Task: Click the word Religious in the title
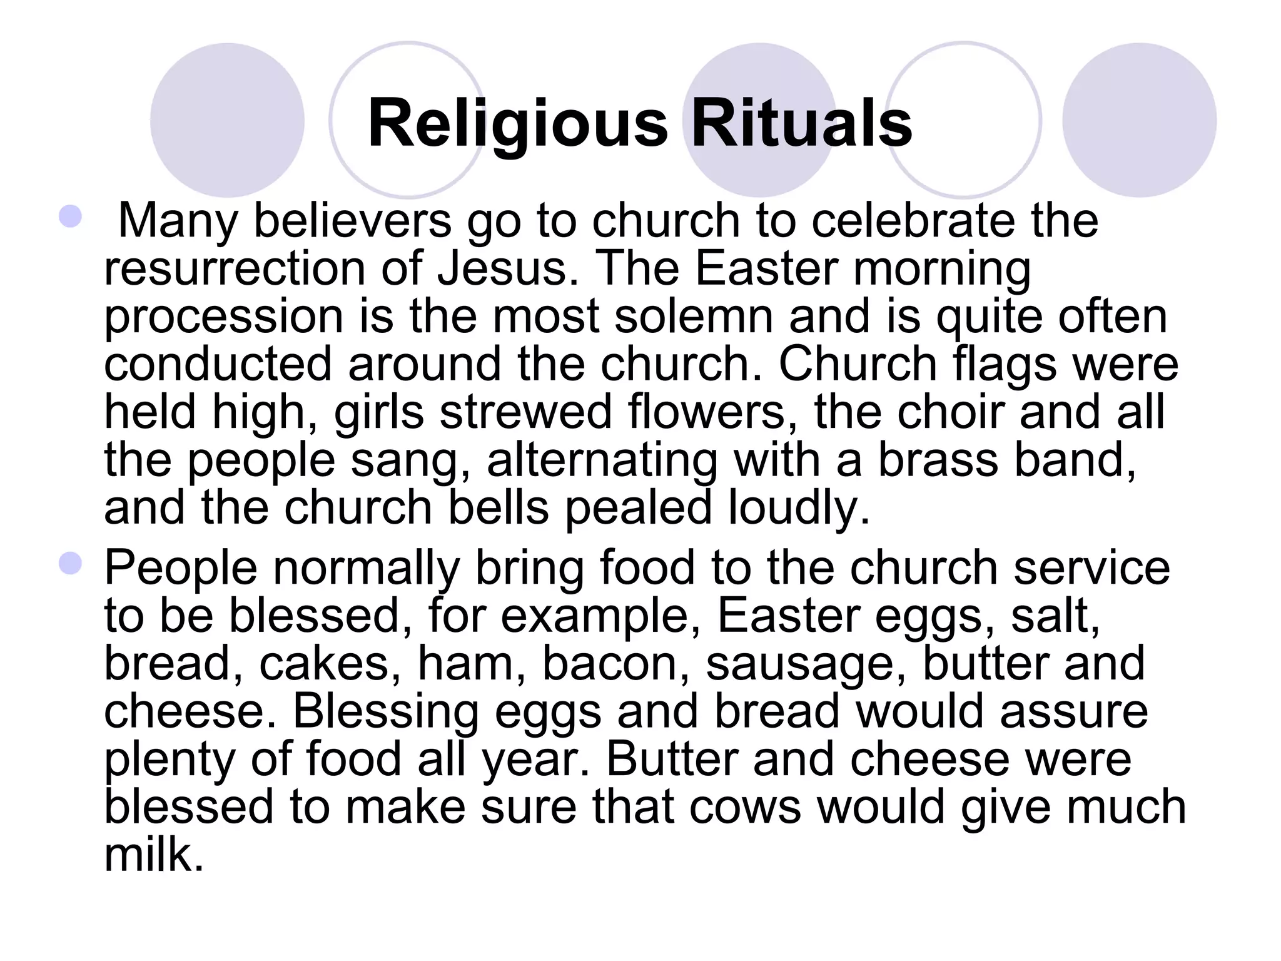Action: point(518,124)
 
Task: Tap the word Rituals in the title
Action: point(801,124)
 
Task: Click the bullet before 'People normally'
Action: point(70,564)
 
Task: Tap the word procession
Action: point(223,317)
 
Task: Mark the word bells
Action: point(499,507)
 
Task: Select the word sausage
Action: point(806,664)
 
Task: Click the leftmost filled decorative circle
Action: point(227,120)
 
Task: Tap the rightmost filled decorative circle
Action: point(1139,120)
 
